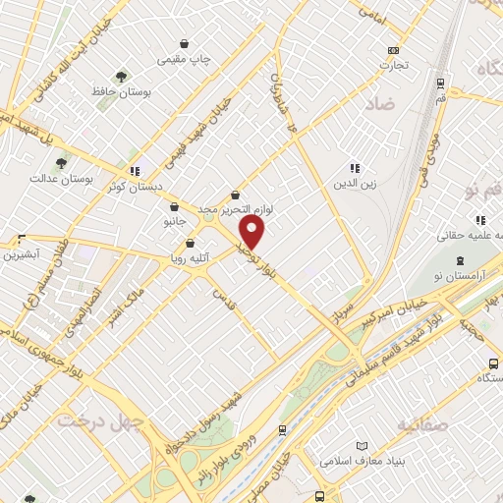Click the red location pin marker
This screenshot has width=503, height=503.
coord(252,234)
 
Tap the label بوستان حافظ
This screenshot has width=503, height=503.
coord(121,93)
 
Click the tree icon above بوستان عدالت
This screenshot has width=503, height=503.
coord(61,163)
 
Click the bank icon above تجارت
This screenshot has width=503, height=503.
coord(394,50)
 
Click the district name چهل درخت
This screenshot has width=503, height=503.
coord(99,420)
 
